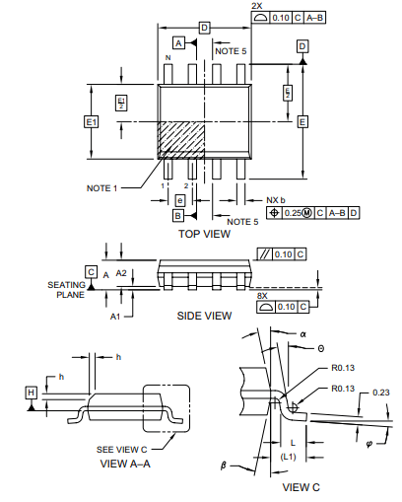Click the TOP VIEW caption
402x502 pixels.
click(x=204, y=234)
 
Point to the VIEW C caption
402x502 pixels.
click(x=301, y=486)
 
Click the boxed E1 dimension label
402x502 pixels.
click(x=92, y=121)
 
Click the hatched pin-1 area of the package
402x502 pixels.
click(x=181, y=138)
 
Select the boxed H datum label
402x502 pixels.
click(x=32, y=393)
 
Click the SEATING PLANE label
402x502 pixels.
click(x=67, y=289)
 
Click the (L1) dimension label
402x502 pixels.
click(x=293, y=458)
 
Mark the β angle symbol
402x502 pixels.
click(x=224, y=463)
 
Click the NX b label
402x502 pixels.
click(x=276, y=200)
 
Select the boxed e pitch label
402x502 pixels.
click(x=178, y=200)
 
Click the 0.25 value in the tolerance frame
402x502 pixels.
click(x=292, y=212)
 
